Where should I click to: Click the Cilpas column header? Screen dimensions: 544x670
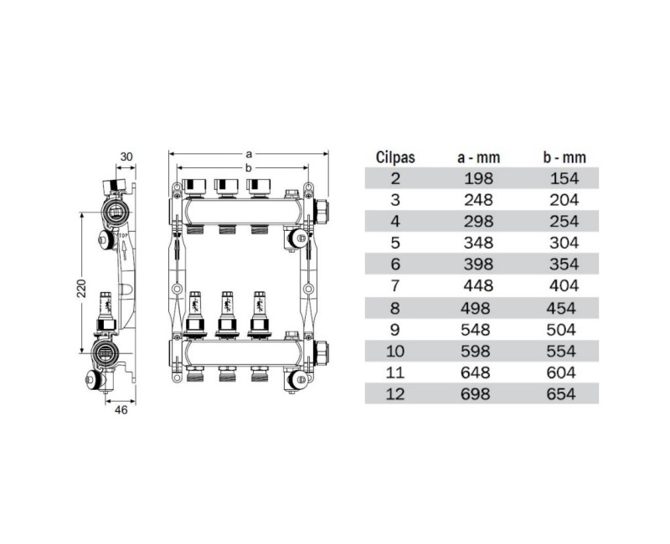396,157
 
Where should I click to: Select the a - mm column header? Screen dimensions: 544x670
477,157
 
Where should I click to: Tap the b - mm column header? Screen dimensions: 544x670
561,157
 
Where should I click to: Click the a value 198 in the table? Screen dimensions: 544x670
477,177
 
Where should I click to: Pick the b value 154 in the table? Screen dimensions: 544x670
561,177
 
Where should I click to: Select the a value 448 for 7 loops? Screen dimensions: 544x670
477,285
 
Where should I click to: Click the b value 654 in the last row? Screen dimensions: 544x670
561,393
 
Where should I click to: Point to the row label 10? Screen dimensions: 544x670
396,350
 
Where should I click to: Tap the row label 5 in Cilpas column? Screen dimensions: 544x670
396,242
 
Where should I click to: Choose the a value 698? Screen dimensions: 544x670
477,393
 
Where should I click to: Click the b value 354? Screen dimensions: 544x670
561,264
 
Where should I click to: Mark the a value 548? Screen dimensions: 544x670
477,329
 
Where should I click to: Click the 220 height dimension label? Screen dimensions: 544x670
77,287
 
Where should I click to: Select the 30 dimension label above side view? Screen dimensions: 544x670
127,157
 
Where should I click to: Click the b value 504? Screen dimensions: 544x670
561,329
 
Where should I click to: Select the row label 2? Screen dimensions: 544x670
396,177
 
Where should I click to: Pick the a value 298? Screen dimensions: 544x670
477,220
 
